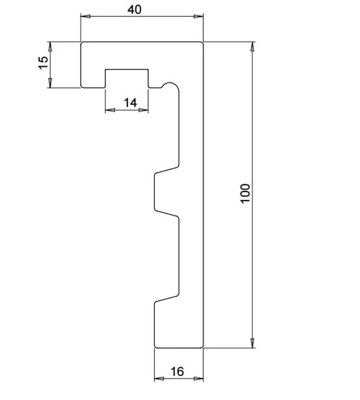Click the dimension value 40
135,10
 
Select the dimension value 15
43,62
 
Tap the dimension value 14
131,103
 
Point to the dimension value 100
245,194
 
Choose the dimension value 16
177,371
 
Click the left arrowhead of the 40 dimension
85,16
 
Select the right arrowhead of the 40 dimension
198,16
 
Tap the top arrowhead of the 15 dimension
50,47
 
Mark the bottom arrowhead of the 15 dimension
50,83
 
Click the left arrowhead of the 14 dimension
110,110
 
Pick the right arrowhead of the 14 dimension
143,110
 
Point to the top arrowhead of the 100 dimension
252,47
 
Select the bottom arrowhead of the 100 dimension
252,343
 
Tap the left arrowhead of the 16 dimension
159,379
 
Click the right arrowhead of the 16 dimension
198,379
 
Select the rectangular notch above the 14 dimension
127,69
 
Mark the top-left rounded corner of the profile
82,43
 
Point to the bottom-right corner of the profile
202,347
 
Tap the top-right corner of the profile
202,43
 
